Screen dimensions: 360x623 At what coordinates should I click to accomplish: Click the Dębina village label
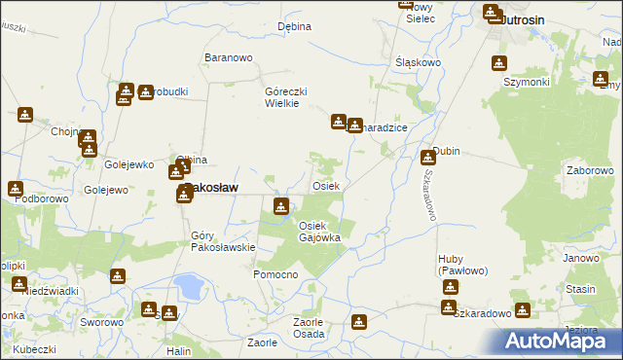[293, 26]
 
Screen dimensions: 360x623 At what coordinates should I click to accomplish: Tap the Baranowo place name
[228, 57]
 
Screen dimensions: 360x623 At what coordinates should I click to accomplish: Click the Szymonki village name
[527, 82]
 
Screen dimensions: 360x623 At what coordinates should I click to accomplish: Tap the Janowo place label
[580, 258]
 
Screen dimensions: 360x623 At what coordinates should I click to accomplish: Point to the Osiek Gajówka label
[318, 232]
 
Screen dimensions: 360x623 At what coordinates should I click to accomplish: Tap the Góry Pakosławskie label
[223, 241]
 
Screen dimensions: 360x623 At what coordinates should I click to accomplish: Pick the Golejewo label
[106, 190]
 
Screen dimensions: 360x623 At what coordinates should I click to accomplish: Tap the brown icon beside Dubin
[428, 157]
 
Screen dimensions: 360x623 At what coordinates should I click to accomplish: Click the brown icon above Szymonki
[499, 64]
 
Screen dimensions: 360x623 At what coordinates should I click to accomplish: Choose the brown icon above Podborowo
[16, 188]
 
